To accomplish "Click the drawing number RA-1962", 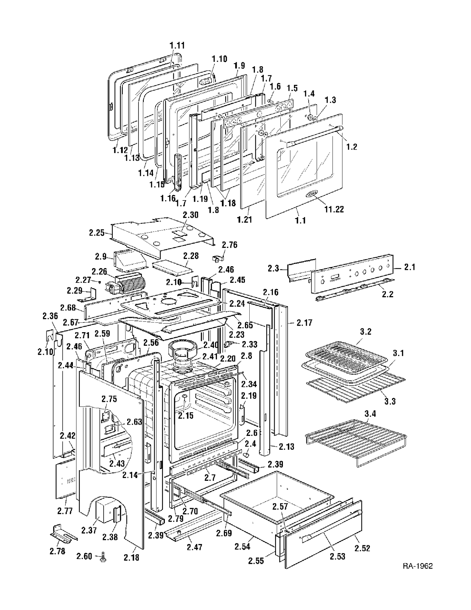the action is pos(418,566).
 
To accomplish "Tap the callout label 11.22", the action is pos(334,209).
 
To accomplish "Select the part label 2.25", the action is pos(96,233).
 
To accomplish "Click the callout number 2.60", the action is pos(84,556).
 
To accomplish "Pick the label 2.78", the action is pos(57,551).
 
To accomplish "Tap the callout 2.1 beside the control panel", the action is pos(410,267).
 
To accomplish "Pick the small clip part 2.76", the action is pos(217,259).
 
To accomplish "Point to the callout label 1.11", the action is pos(177,46).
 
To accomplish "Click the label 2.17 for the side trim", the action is pos(305,322).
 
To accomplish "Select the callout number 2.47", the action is pos(195,547).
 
